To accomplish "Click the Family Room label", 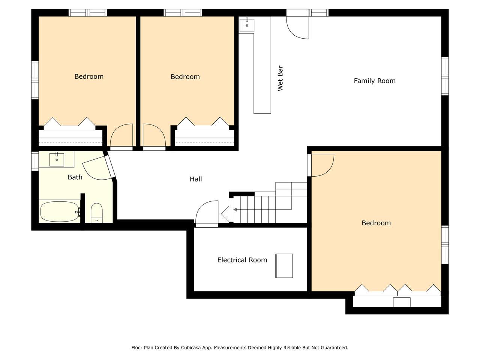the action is pos(374,81).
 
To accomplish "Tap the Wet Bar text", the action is pos(280,78).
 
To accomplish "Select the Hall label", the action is pos(196,179).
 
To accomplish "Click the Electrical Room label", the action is pos(242,260).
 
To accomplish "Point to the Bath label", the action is pos(75,177).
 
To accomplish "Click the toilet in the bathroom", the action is pos(96,213).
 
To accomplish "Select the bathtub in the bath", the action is pos(60,211).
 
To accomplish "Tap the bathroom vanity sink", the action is pos(57,160).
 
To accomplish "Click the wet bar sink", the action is pos(247,25).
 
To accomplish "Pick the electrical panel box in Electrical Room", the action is pos(284,266).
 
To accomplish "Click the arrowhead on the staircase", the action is pos(235,210).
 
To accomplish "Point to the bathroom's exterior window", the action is pos(35,161).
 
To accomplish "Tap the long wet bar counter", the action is pos(262,65).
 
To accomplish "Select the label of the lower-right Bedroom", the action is pos(376,223).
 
